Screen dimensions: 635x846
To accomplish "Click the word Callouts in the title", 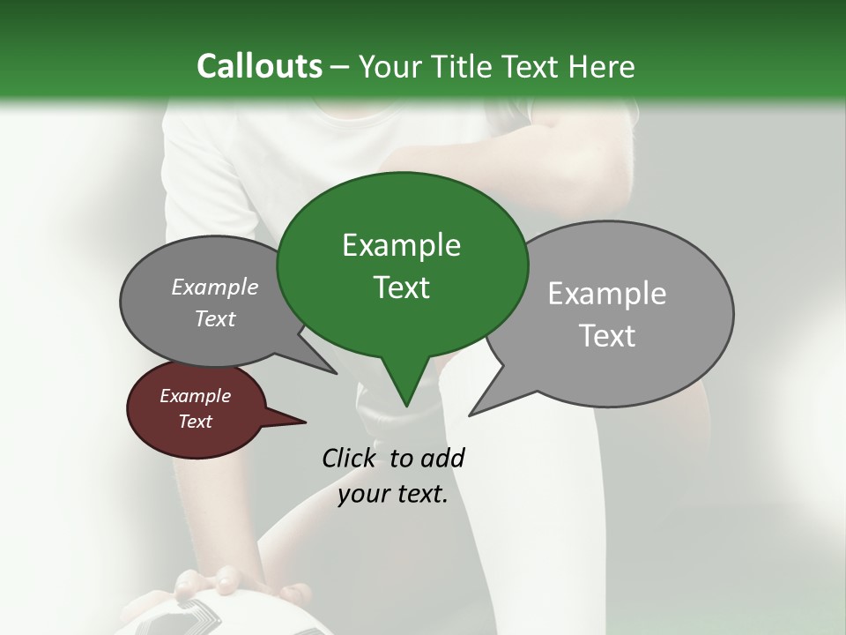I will (x=259, y=66).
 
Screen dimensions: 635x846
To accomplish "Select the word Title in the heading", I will (x=467, y=66).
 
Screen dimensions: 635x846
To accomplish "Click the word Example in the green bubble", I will (x=401, y=245).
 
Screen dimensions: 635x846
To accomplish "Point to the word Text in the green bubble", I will (x=401, y=287).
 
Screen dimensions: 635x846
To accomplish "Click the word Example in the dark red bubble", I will (x=195, y=396).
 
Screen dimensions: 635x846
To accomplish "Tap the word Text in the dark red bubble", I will (x=195, y=422).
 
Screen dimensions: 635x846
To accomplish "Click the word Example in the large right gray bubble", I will (x=607, y=294).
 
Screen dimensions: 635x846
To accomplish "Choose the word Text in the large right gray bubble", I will (x=607, y=336).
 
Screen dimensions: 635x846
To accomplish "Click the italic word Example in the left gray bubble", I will (x=214, y=287).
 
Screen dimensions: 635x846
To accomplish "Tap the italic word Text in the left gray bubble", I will (x=214, y=318).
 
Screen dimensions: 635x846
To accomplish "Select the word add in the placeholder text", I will (x=442, y=458).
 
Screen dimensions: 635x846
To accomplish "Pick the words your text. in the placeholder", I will (x=393, y=494).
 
